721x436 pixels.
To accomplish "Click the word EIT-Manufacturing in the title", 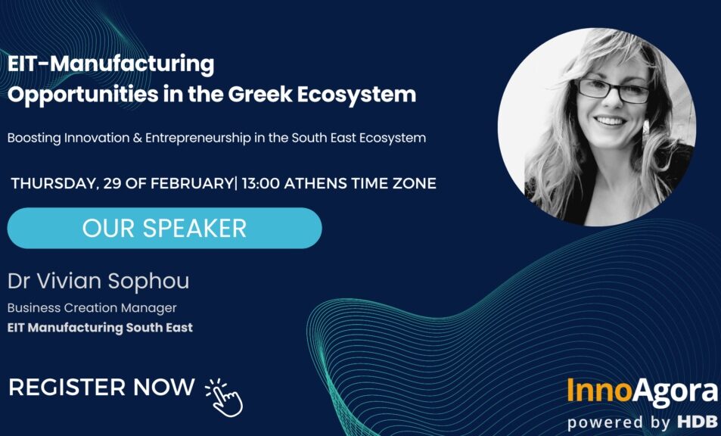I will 111,64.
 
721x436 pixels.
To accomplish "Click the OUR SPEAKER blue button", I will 164,228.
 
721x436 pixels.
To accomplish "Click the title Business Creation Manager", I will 92,308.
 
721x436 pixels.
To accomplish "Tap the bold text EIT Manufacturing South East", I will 100,328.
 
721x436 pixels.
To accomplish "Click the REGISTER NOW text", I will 101,388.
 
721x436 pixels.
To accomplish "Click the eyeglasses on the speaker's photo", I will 612,92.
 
